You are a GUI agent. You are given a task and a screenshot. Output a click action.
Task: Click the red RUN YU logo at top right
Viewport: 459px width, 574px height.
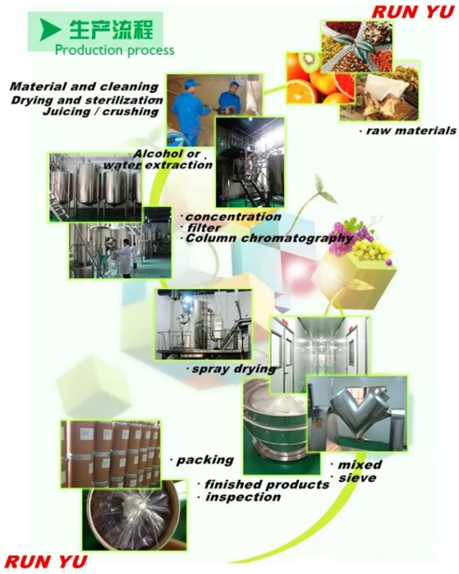(413, 12)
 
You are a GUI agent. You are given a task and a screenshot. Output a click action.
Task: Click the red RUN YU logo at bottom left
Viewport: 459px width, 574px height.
(46, 562)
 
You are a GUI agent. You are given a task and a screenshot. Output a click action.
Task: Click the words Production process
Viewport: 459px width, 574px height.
(114, 50)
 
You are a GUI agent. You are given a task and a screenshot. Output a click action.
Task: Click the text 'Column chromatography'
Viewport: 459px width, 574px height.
(269, 239)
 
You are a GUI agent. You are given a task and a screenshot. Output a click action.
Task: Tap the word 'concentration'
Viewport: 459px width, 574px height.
(234, 217)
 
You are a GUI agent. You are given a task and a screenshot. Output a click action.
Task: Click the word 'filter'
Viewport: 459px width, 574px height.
(204, 228)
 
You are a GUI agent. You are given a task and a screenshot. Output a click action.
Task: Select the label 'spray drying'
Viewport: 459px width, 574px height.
(234, 369)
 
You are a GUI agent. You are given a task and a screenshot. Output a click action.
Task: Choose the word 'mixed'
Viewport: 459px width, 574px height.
(360, 465)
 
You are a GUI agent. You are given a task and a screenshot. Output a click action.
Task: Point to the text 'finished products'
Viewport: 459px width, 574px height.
(267, 485)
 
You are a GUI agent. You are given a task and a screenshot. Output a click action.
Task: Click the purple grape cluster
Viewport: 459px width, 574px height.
(349, 237)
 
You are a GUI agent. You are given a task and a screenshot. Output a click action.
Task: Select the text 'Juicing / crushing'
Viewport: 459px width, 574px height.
(101, 111)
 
